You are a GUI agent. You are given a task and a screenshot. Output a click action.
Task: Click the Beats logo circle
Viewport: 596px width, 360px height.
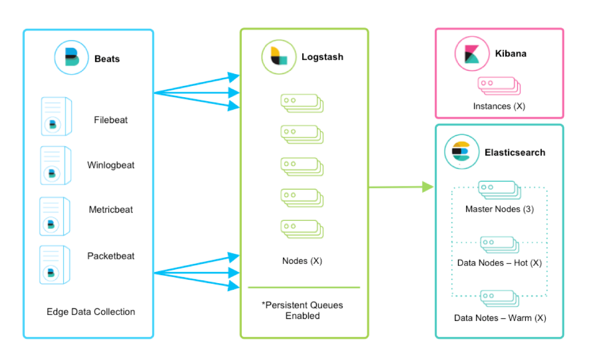click(71, 58)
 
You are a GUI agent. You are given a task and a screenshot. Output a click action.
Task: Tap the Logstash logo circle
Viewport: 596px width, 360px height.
click(279, 57)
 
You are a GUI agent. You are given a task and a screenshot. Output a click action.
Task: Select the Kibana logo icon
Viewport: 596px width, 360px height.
click(472, 54)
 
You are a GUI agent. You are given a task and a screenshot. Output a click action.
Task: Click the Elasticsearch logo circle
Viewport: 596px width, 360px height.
click(462, 151)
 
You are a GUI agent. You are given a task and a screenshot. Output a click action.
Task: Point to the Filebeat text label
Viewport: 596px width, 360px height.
click(111, 120)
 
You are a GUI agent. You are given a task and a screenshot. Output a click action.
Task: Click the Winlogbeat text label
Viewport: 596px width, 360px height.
click(111, 166)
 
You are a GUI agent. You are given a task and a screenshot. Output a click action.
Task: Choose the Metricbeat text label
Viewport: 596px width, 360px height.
click(111, 210)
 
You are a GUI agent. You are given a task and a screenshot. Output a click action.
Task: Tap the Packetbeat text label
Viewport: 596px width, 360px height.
click(111, 256)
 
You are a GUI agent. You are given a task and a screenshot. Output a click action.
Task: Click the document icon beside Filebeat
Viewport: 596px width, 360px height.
click(56, 116)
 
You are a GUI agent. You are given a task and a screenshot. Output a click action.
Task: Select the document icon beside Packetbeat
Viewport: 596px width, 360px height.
click(55, 265)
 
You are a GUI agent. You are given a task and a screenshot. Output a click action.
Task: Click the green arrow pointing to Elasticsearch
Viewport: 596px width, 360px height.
click(401, 187)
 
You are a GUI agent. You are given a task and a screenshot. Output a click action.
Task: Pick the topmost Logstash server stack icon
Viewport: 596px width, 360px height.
click(302, 103)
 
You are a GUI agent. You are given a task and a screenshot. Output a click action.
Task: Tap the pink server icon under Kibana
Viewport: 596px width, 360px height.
click(499, 86)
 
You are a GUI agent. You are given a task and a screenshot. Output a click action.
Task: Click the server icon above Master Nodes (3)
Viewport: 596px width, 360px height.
click(499, 190)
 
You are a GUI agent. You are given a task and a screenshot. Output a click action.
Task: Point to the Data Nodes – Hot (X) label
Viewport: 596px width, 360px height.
click(499, 263)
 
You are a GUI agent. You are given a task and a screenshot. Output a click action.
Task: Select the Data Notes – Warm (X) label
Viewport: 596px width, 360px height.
click(500, 318)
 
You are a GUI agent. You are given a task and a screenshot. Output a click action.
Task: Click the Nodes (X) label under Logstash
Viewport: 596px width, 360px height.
click(302, 261)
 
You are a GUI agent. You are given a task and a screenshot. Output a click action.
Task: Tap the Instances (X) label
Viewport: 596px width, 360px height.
click(499, 106)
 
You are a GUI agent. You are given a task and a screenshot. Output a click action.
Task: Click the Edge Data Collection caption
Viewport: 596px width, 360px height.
click(91, 312)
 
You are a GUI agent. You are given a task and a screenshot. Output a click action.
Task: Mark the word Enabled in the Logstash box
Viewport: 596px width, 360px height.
click(303, 316)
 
